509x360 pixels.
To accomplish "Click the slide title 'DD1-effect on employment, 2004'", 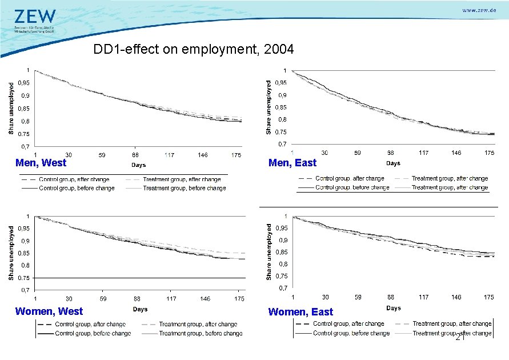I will click(194, 50).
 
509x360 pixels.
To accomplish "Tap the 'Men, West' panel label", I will click(41, 163).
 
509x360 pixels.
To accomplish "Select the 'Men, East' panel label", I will click(292, 163).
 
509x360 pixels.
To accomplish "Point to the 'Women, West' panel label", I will click(49, 311).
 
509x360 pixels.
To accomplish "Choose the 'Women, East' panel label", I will click(300, 311).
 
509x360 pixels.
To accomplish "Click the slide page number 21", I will click(460, 338).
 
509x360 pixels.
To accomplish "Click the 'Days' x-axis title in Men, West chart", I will click(139, 165).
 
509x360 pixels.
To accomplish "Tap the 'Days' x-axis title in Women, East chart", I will click(393, 308).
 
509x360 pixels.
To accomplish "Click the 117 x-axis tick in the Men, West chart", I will click(170, 155).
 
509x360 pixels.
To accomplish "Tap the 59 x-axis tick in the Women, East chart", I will click(358, 297).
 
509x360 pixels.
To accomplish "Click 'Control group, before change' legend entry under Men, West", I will click(76, 188).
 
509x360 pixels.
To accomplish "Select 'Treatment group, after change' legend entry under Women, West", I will click(198, 324).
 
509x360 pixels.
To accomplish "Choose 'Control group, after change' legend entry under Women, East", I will click(348, 324).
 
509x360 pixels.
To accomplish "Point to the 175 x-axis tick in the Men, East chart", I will click(489, 153).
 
